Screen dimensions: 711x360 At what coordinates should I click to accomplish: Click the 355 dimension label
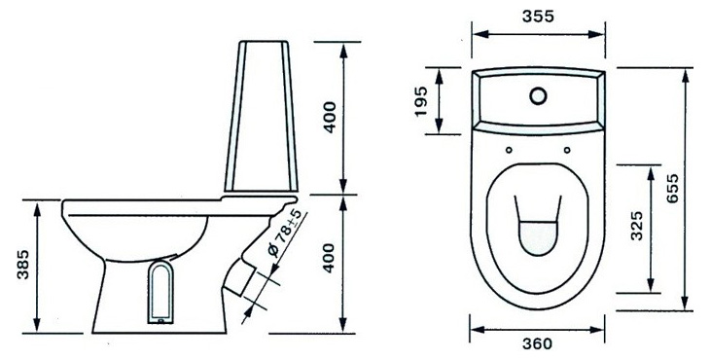pos(538,17)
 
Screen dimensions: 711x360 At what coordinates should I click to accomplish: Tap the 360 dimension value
pos(537,343)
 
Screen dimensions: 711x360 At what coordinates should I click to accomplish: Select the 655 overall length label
pos(673,188)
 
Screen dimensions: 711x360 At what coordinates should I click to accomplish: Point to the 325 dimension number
pos(637,226)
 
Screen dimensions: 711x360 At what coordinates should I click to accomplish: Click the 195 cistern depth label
pos(421,101)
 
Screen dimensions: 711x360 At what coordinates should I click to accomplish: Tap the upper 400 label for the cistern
pos(330,117)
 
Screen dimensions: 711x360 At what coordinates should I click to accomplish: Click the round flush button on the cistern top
pos(538,95)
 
